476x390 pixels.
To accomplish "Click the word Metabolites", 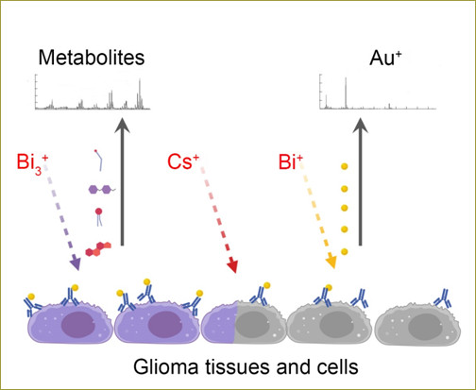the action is [x=92, y=58].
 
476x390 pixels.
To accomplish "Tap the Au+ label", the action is [x=385, y=58].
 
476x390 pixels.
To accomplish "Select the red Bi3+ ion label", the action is [x=32, y=163].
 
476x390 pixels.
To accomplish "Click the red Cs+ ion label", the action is [x=183, y=161].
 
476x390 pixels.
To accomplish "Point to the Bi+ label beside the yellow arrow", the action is [x=290, y=161].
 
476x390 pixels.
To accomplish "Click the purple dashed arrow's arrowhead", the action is [x=76, y=264].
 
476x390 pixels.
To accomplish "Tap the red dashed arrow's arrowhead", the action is [x=233, y=266].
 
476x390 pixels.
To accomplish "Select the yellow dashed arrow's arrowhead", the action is [x=331, y=262].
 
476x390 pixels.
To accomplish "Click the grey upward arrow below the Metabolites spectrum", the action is [x=122, y=182].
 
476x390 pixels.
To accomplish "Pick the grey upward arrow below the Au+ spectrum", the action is [x=361, y=182].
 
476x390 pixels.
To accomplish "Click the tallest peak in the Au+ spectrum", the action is [x=346, y=93].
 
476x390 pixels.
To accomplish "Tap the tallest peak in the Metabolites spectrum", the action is [x=140, y=93].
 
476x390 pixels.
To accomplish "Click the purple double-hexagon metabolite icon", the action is [x=102, y=189].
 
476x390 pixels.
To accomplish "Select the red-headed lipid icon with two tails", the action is [x=99, y=216].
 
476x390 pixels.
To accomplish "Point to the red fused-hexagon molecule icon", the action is [x=98, y=249].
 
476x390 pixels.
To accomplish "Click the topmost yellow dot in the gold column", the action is [x=345, y=166].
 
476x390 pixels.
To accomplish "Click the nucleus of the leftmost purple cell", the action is [x=78, y=325].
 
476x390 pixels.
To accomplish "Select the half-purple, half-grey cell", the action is [x=244, y=322].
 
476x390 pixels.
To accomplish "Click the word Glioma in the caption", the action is [x=165, y=366].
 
